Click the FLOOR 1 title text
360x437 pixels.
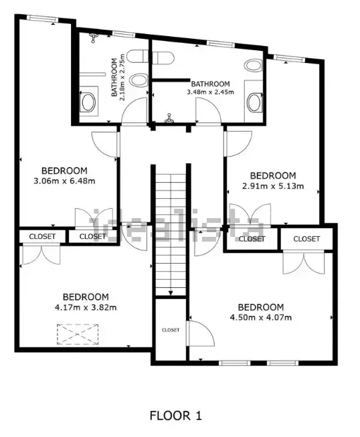pyautogui.click(x=175, y=416)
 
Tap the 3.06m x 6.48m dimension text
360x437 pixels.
pyautogui.click(x=64, y=181)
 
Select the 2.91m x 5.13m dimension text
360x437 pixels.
pyautogui.click(x=273, y=186)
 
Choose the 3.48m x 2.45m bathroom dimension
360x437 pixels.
pyautogui.click(x=210, y=92)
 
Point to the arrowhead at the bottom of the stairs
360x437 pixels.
pyautogui.click(x=172, y=292)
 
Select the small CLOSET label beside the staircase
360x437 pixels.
pyautogui.click(x=171, y=330)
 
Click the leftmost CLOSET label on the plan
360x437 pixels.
pyautogui.click(x=41, y=236)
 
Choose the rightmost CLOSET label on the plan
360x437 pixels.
pyautogui.click(x=306, y=239)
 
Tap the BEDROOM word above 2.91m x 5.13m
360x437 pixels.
pyautogui.click(x=273, y=175)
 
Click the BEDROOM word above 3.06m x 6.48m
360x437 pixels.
pyautogui.click(x=64, y=170)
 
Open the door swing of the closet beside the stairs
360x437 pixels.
pyautogui.click(x=198, y=333)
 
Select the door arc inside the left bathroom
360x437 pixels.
pyautogui.click(x=134, y=110)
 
